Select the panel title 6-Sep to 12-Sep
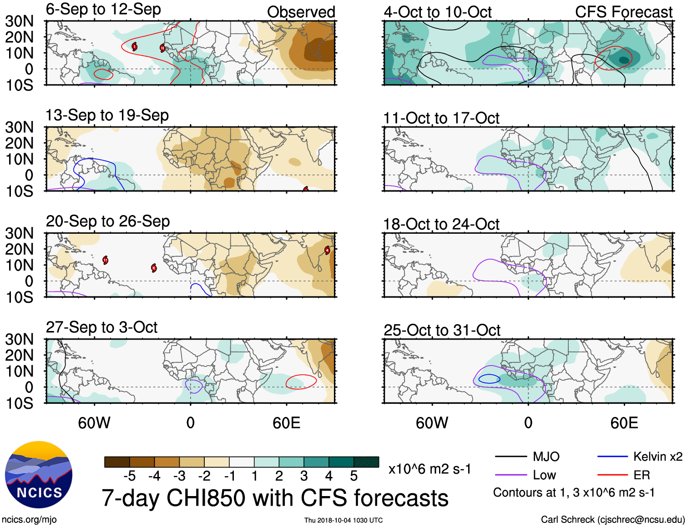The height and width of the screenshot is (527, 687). pyautogui.click(x=103, y=10)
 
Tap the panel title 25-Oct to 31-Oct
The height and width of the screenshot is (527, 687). pyautogui.click(x=442, y=330)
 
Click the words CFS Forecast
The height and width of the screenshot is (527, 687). pyautogui.click(x=623, y=12)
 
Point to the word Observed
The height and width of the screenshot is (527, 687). pyautogui.click(x=301, y=12)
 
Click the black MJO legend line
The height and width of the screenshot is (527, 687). pyautogui.click(x=510, y=457)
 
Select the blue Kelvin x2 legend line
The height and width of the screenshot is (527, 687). pyautogui.click(x=612, y=457)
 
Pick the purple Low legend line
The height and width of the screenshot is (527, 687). pyautogui.click(x=510, y=475)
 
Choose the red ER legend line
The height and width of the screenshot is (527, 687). pyautogui.click(x=612, y=475)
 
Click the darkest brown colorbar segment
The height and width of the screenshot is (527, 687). pyautogui.click(x=117, y=462)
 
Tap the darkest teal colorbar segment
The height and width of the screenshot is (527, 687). pyautogui.click(x=366, y=462)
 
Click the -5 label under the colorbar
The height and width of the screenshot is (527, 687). pyautogui.click(x=129, y=476)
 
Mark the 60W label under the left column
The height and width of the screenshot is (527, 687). pyautogui.click(x=94, y=423)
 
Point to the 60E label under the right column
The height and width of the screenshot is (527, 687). pyautogui.click(x=624, y=423)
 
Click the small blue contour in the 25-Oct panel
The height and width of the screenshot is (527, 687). pyautogui.click(x=489, y=379)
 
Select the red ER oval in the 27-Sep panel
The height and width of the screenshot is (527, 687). pyautogui.click(x=301, y=381)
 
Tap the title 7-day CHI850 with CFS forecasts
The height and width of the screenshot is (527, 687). pyautogui.click(x=275, y=498)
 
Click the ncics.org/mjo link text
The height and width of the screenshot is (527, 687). pyautogui.click(x=29, y=519)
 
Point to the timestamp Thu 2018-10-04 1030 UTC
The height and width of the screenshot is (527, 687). pyautogui.click(x=343, y=520)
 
